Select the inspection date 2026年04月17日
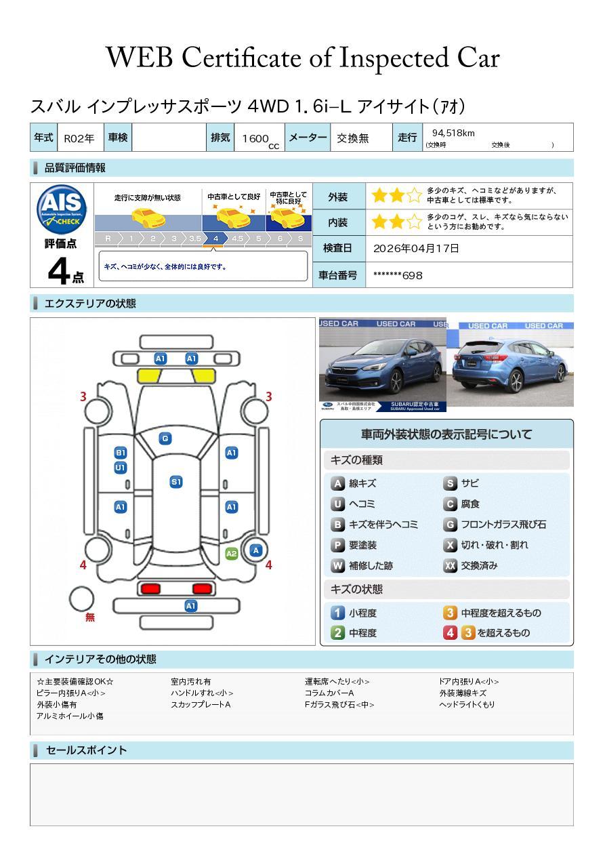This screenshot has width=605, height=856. [x=416, y=248]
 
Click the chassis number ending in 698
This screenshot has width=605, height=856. [x=398, y=275]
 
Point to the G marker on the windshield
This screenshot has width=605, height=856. [x=165, y=439]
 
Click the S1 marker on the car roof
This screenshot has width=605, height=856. [x=176, y=482]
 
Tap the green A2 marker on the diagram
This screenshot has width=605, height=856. [x=231, y=554]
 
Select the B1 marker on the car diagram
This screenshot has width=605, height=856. [x=121, y=453]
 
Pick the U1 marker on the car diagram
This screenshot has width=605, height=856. [x=121, y=468]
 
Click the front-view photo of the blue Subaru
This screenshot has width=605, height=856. [x=383, y=365]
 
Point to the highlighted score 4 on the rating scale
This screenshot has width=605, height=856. [x=215, y=239]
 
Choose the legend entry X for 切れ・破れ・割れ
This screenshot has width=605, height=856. [x=451, y=545]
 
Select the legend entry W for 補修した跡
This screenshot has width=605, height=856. [x=338, y=565]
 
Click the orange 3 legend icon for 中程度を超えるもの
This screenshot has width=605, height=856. [x=451, y=613]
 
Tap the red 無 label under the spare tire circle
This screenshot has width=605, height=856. [x=90, y=617]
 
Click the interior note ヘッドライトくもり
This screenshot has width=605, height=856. [x=467, y=704]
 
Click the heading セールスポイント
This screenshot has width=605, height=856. [x=86, y=750]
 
